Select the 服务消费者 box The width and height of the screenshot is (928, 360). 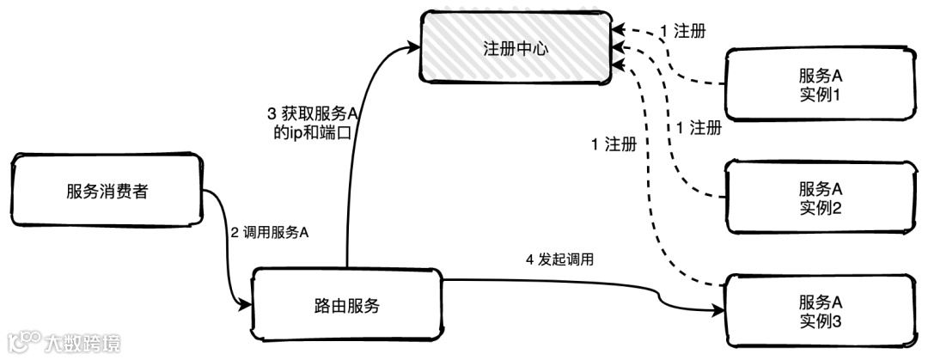tap(107, 192)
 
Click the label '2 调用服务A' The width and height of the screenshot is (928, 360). tap(269, 233)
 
